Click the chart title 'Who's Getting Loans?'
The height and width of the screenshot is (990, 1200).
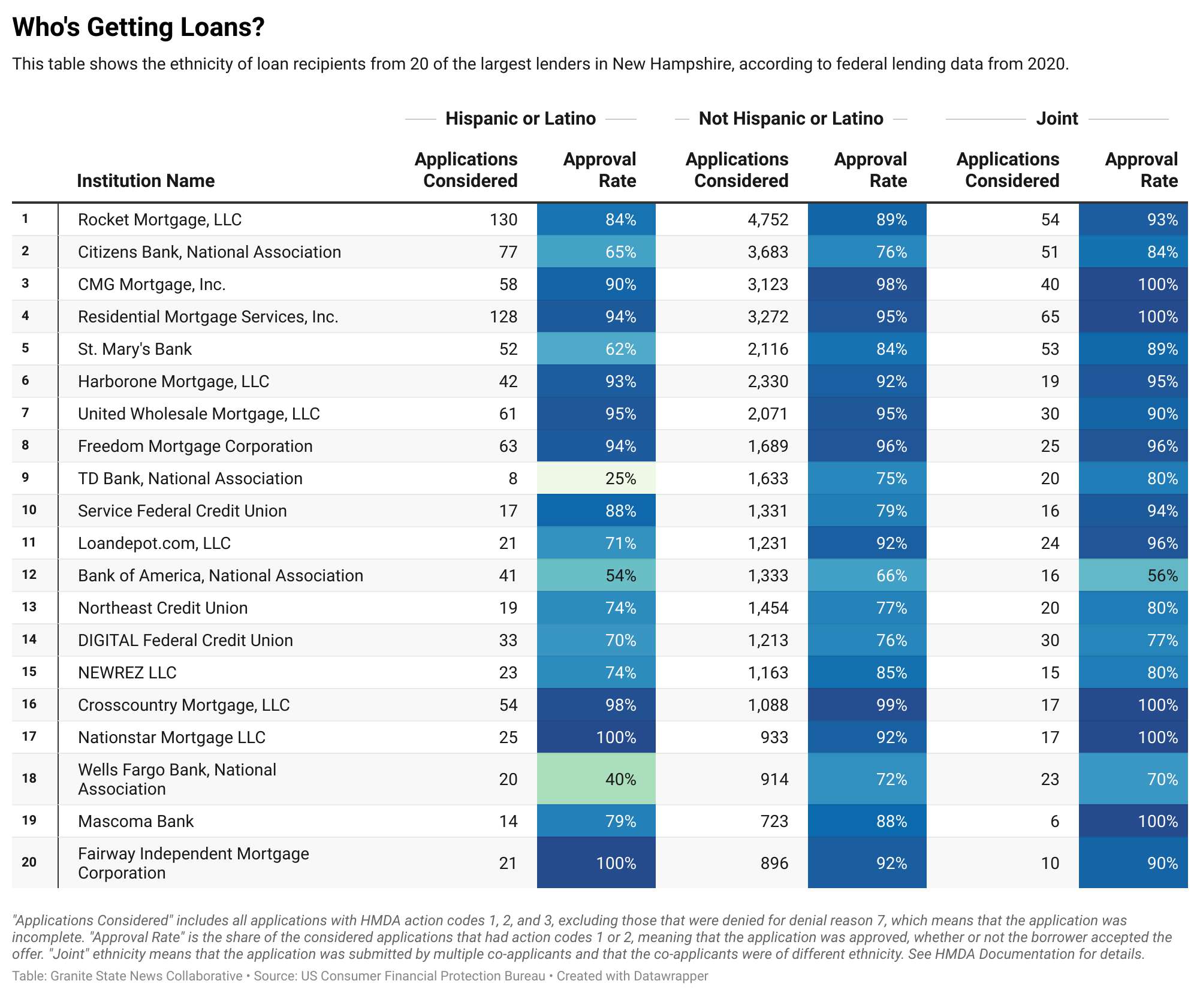138,28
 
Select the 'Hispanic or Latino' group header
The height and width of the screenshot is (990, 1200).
520,119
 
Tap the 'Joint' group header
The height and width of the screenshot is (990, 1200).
1056,119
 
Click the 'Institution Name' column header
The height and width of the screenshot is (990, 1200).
146,181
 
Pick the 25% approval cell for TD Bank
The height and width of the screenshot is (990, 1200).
620,479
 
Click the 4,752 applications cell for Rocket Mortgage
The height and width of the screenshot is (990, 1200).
768,220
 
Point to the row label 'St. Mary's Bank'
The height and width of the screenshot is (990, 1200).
135,349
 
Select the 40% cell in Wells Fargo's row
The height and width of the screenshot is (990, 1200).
620,780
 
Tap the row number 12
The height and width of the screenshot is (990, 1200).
29,575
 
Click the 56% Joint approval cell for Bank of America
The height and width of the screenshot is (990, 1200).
1162,576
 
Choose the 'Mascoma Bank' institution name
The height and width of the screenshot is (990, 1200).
136,822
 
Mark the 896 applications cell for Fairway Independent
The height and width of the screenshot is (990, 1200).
774,864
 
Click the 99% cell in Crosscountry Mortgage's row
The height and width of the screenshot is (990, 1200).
891,705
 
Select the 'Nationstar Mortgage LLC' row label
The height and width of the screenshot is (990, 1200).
171,738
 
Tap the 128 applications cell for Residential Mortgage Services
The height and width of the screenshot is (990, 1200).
503,317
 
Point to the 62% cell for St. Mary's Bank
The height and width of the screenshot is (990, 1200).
620,349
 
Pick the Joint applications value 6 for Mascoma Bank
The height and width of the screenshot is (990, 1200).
1054,822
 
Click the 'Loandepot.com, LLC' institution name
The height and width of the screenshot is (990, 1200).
154,544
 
